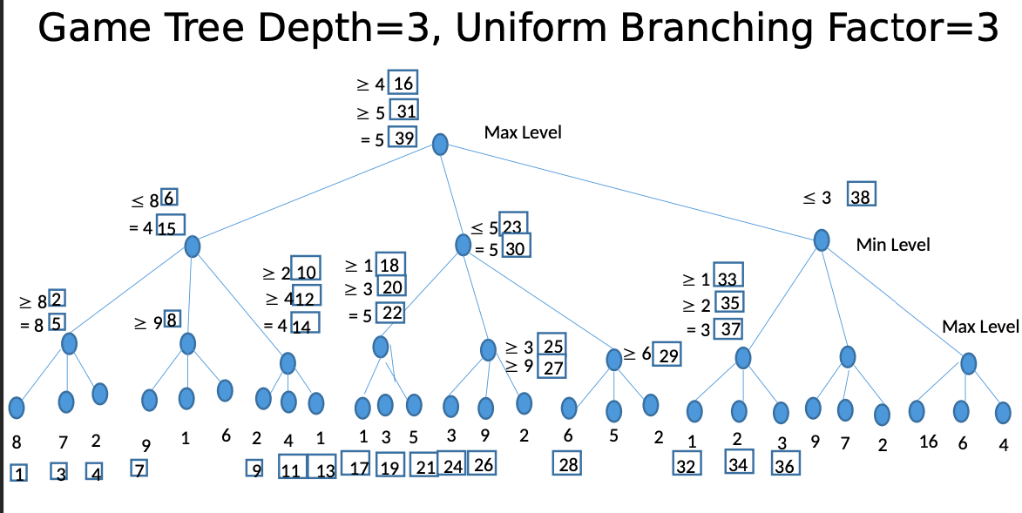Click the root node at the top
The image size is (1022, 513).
(x=441, y=144)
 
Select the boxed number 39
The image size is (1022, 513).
(x=403, y=138)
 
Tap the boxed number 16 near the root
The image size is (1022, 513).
(x=403, y=84)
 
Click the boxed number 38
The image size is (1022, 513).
(x=861, y=197)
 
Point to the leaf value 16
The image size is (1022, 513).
(x=928, y=442)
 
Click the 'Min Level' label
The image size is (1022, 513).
(x=892, y=245)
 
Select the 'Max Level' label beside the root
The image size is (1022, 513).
(x=523, y=132)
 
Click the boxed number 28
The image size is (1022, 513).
(x=568, y=464)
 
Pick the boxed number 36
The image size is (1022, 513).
(x=784, y=465)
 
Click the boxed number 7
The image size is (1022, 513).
(x=139, y=469)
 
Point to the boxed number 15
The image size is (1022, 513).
(x=170, y=228)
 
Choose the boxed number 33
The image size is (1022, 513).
(x=728, y=280)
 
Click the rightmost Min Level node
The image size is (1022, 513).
(x=821, y=240)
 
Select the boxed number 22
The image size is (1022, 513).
(x=391, y=314)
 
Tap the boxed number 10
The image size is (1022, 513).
(x=306, y=272)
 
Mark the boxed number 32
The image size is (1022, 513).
(x=687, y=465)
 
